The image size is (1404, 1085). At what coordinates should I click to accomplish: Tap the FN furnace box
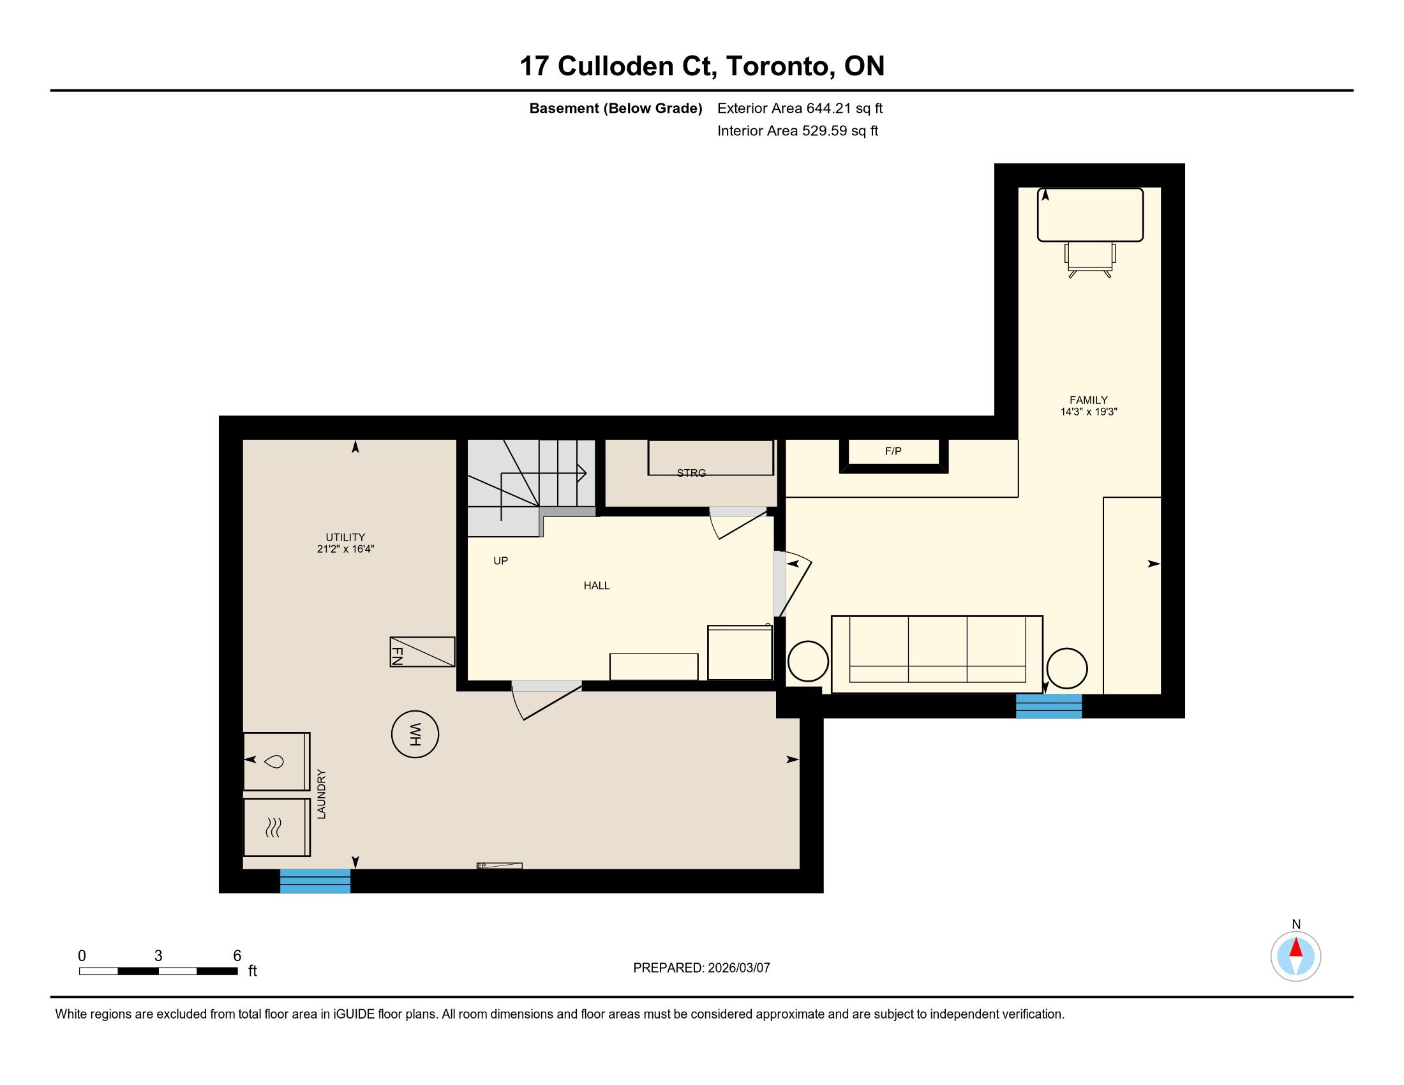(x=422, y=652)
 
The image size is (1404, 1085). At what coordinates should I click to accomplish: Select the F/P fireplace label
(x=893, y=451)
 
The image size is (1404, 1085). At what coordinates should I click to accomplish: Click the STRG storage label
(x=691, y=473)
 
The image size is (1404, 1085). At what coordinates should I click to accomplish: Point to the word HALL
(x=597, y=585)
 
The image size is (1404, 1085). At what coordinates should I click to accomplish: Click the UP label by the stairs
(x=501, y=560)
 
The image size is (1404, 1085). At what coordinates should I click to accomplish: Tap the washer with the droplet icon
(x=276, y=761)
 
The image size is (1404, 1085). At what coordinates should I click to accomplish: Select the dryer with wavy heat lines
(x=276, y=827)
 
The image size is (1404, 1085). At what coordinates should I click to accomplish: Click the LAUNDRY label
(x=322, y=794)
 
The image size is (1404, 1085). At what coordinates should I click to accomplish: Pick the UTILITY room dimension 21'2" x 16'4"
(x=345, y=550)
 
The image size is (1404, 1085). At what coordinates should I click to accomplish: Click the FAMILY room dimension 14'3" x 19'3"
(x=1089, y=412)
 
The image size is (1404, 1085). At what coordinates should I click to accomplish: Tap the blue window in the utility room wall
(x=315, y=881)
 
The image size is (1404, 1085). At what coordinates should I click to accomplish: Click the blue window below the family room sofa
(x=1049, y=706)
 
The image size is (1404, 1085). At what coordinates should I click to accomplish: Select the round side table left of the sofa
(x=808, y=661)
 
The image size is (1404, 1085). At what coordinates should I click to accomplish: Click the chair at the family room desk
(x=1090, y=260)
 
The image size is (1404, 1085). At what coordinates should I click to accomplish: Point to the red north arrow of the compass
(x=1296, y=948)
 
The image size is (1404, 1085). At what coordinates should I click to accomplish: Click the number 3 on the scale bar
(x=158, y=956)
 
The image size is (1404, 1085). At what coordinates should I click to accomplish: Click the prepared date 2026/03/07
(x=738, y=968)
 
